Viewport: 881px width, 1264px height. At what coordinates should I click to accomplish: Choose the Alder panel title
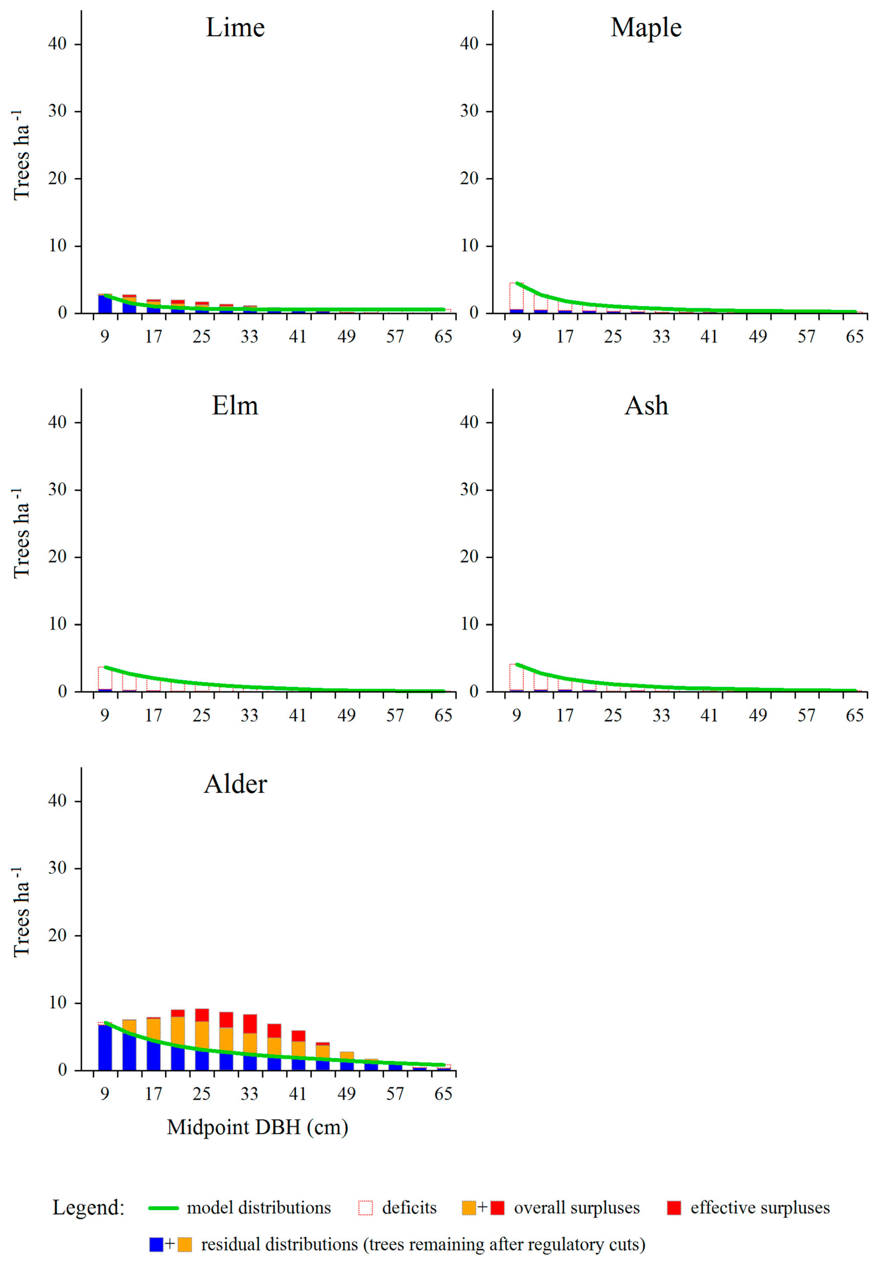(235, 784)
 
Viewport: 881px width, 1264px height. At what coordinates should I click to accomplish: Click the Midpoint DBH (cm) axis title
(257, 1127)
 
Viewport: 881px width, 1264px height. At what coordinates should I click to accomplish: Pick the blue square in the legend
(156, 1244)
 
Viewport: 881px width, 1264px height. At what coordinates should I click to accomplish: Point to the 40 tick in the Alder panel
(57, 801)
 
